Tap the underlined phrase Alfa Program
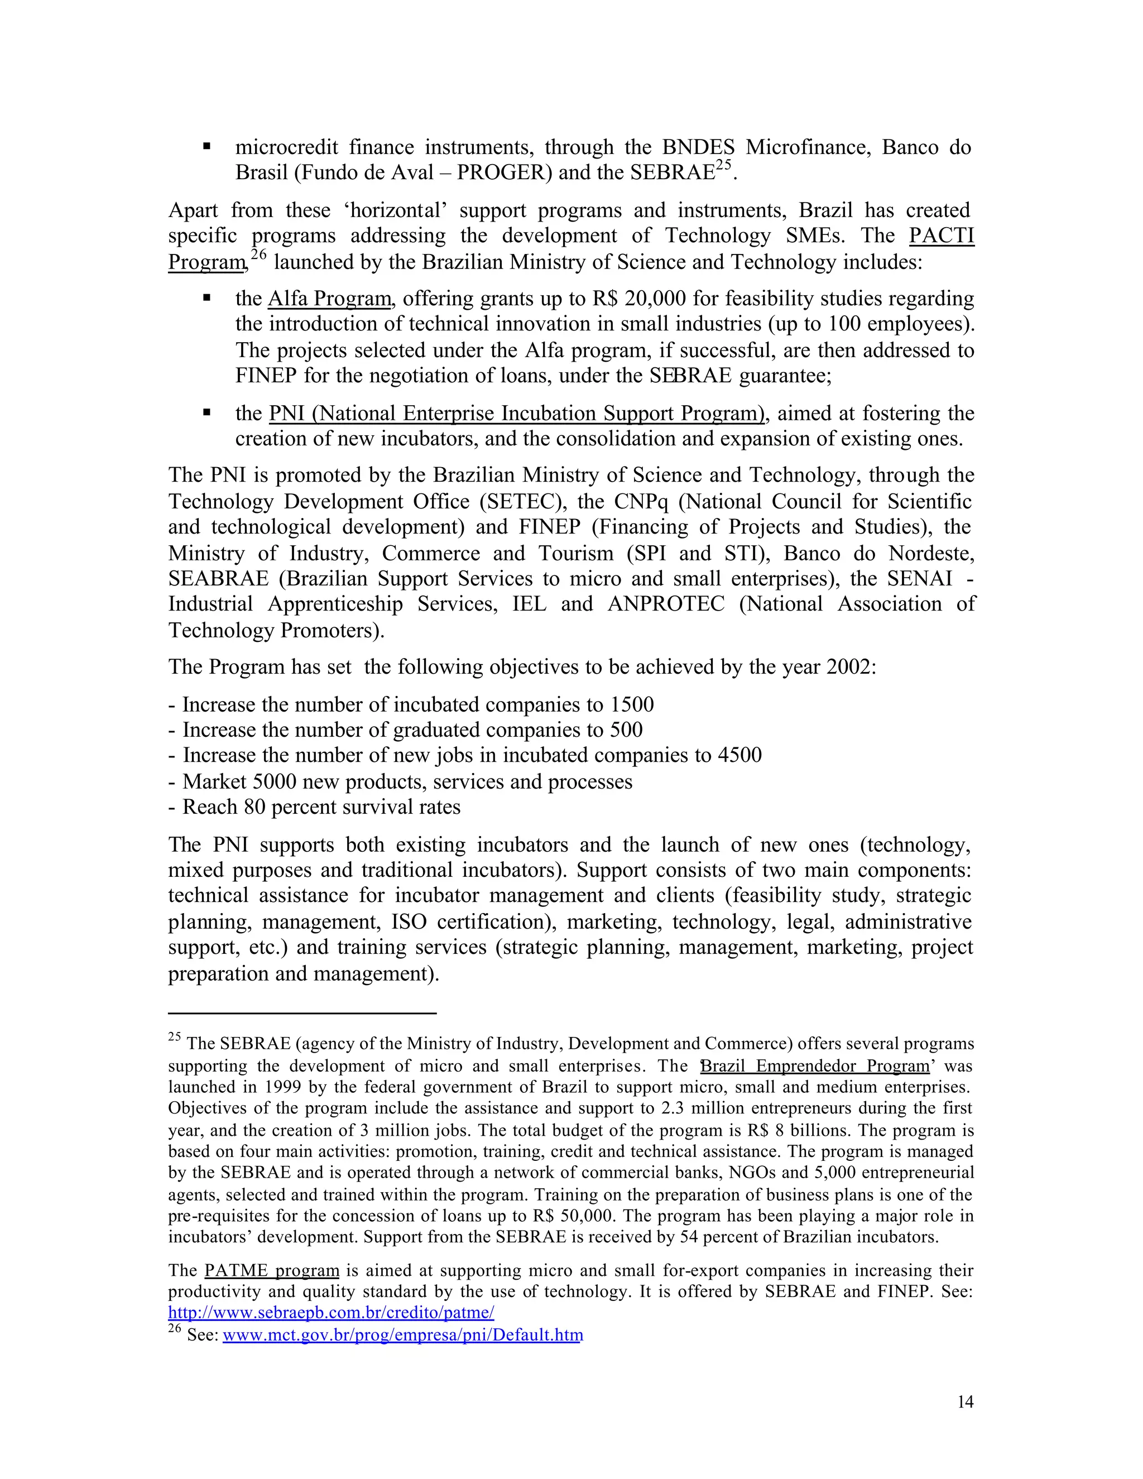click(330, 299)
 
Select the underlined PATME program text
click(272, 1270)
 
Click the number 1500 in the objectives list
click(631, 705)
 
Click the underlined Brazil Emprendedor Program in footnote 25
click(815, 1066)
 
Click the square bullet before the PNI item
click(207, 412)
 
